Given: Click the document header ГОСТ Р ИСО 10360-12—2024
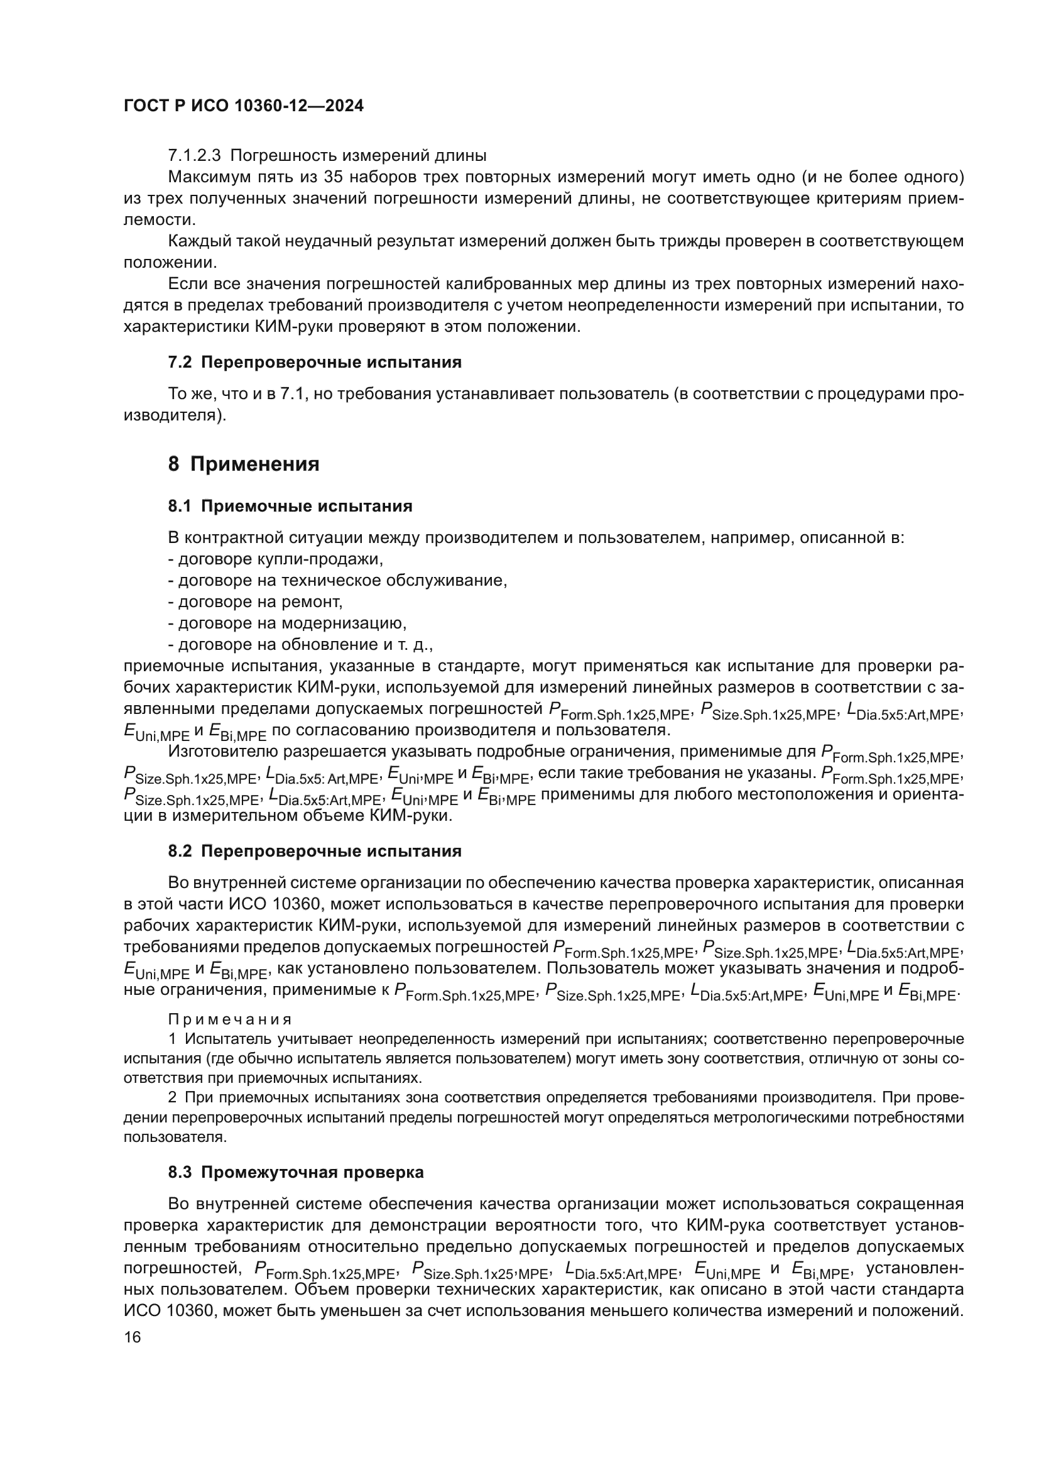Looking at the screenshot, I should point(243,106).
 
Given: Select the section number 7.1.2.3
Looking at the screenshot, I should point(194,156).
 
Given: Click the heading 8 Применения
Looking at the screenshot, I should point(243,464).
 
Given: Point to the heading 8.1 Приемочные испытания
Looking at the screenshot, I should point(290,507).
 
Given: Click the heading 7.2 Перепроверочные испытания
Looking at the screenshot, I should point(314,363).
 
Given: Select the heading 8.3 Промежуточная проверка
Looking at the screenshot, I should point(296,1172).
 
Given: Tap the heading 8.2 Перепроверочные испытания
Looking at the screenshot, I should point(314,851).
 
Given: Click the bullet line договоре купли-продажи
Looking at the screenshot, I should point(275,559).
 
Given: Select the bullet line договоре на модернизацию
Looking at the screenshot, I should point(287,623).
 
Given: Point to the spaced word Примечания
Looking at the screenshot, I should point(230,1019).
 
